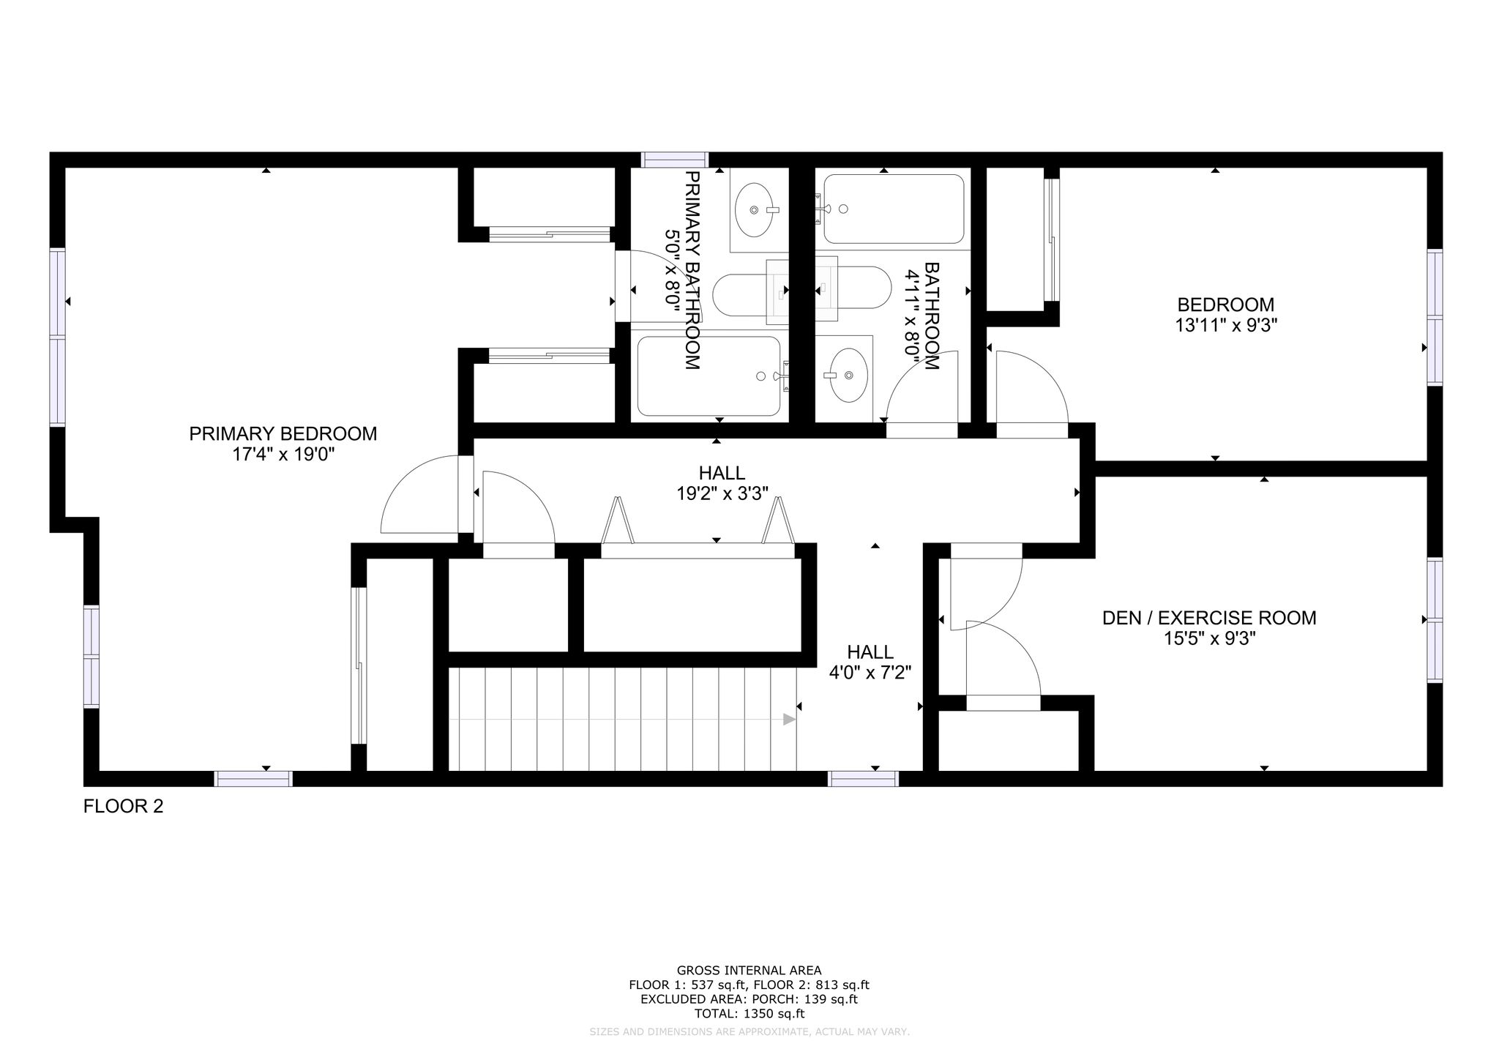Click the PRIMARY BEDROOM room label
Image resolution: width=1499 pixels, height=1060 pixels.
283,434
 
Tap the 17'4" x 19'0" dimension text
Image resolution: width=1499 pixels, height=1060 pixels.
283,455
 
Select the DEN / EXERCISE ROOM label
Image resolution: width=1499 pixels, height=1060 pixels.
1209,619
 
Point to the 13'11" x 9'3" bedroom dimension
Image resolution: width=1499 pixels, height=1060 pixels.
1226,325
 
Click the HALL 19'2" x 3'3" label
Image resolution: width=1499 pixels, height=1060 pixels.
722,483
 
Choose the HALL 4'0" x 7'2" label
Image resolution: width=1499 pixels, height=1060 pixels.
870,662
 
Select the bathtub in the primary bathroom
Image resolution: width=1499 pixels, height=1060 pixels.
709,376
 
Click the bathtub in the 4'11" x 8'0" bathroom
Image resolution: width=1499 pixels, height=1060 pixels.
894,209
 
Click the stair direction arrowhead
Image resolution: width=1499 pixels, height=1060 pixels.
789,720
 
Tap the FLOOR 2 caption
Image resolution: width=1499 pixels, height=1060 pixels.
123,807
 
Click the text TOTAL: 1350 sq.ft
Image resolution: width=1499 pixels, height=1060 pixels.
749,1014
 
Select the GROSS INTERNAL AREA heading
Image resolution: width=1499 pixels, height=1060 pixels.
749,971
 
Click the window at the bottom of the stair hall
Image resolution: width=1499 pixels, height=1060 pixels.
863,779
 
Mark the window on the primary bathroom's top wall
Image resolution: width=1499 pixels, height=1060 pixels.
675,160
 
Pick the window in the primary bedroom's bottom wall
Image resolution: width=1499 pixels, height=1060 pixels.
253,779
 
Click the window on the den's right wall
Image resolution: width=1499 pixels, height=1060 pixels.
1435,620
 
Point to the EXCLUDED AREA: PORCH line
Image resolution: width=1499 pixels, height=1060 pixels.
749,999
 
